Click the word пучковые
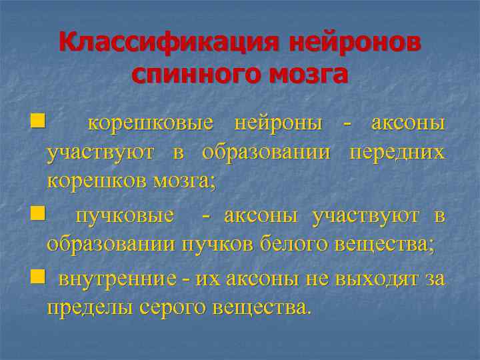coord(126,215)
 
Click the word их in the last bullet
coord(205,279)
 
